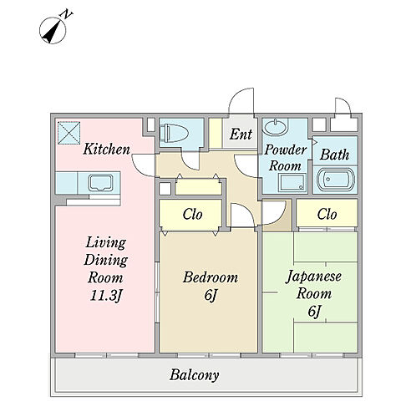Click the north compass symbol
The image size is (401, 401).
53,30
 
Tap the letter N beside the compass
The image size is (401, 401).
67,14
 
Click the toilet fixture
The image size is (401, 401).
175,132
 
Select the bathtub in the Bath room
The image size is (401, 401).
336,180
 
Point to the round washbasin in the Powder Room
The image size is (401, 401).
274,127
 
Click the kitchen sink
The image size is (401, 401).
100,183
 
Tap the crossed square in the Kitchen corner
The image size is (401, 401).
69,133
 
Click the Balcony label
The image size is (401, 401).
194,375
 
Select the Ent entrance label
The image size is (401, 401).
241,134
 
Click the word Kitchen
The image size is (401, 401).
107,149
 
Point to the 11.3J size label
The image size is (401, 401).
106,296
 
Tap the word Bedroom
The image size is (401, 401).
211,277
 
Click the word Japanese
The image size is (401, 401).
313,277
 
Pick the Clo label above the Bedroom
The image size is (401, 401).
192,214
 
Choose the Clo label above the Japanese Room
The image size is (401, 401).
327,214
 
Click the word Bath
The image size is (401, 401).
334,155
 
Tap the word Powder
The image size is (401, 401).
286,150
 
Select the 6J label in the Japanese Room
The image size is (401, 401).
314,312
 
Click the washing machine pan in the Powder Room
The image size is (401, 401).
292,183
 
